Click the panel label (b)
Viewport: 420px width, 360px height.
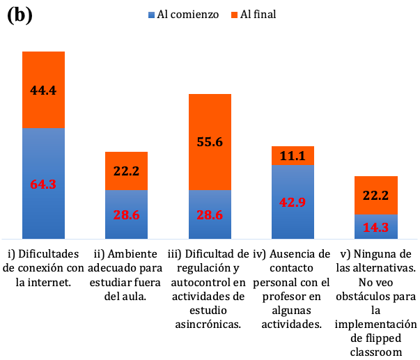[x=20, y=15]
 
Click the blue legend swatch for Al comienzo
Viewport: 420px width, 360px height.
[x=152, y=15]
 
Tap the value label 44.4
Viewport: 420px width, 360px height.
[x=43, y=91]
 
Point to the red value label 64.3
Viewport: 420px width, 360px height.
[x=43, y=185]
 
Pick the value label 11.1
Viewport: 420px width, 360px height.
[x=292, y=156]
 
